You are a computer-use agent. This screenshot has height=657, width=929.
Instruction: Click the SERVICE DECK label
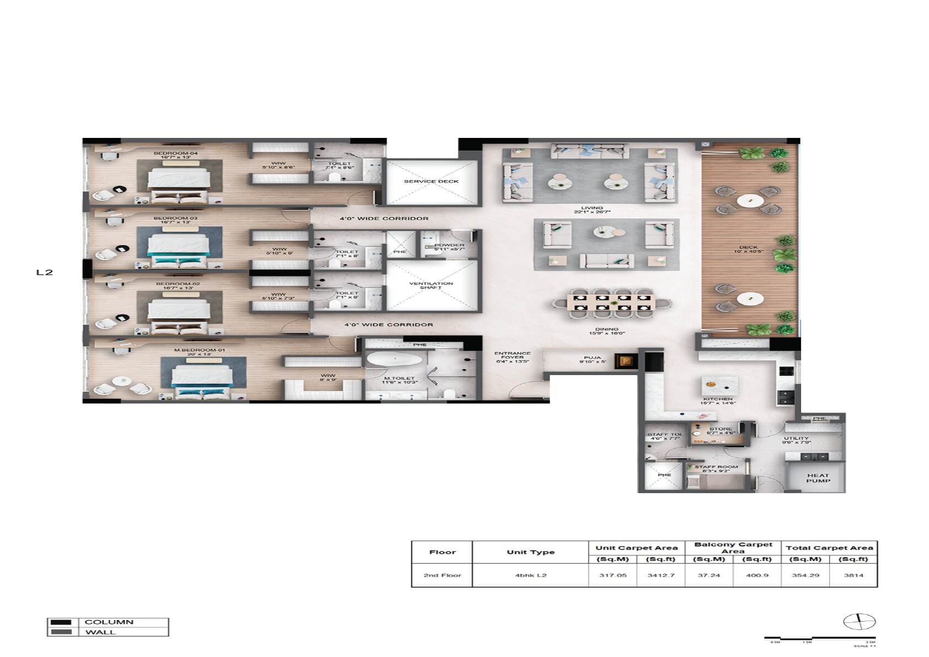click(x=431, y=181)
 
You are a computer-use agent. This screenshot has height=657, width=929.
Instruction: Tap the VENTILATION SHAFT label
click(x=431, y=285)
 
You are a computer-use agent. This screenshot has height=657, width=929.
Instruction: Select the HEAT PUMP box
click(x=818, y=478)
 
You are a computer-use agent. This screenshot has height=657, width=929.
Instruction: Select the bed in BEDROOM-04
click(x=179, y=183)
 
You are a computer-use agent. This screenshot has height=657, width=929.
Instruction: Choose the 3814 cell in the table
click(x=853, y=575)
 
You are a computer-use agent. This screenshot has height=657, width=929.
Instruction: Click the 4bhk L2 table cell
click(x=530, y=575)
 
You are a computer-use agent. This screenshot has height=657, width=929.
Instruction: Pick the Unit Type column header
click(x=530, y=552)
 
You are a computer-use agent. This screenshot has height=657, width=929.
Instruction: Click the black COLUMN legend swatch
click(x=61, y=622)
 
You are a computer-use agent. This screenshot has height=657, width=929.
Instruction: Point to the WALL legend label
click(x=100, y=632)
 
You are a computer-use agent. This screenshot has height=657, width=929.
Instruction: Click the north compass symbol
click(x=859, y=622)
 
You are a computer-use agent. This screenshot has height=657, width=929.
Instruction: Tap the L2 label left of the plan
click(x=44, y=273)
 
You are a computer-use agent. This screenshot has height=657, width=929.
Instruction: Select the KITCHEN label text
click(x=717, y=399)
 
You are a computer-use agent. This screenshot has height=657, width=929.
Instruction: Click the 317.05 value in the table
click(x=613, y=575)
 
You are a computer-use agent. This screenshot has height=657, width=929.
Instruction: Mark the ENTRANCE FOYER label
click(x=512, y=357)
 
